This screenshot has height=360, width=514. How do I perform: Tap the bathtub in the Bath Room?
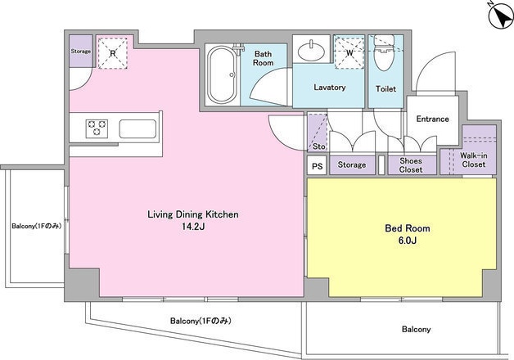223,75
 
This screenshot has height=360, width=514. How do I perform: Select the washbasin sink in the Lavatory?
311,51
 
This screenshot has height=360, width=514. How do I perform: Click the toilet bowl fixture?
384,53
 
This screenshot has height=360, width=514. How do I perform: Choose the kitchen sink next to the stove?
138,128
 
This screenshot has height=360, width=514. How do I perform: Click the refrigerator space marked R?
113,53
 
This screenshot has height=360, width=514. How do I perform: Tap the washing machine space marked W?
349,52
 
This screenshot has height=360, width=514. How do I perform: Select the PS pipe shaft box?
317,166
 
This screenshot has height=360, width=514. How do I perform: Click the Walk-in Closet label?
474,160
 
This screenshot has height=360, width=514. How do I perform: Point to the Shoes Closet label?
411,165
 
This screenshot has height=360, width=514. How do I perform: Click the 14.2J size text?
193,227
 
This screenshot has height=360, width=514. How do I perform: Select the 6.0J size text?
408,241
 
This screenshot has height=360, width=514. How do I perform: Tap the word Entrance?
432,119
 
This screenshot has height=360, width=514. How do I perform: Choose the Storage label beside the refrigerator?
81,52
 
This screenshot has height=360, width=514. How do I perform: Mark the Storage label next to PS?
352,164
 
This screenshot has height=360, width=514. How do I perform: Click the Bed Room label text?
408,228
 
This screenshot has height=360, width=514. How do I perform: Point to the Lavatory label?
330,88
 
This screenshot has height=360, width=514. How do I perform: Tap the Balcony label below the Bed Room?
417,329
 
